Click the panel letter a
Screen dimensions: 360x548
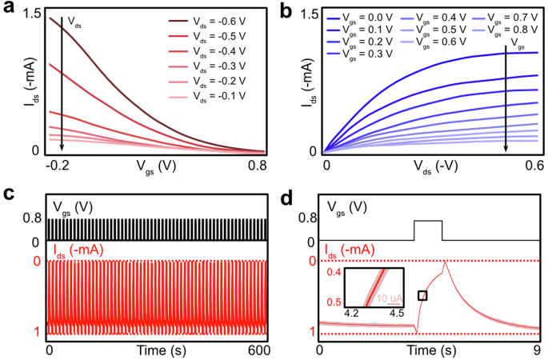[x=8, y=10]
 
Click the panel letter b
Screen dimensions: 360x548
[x=284, y=10]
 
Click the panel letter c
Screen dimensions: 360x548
[x=7, y=193]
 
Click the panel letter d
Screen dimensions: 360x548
[x=284, y=193]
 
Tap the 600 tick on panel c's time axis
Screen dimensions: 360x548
[x=256, y=350]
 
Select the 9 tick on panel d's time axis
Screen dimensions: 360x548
[x=538, y=350]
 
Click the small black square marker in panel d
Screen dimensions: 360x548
[x=422, y=296]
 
